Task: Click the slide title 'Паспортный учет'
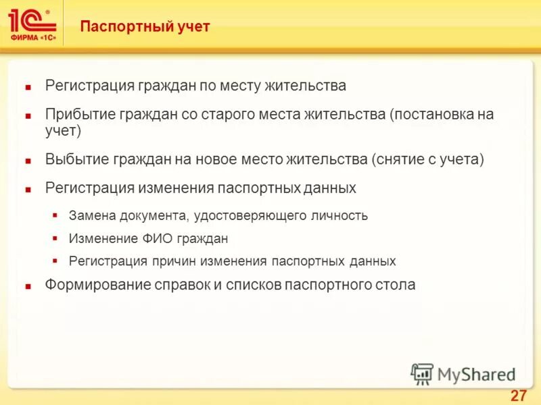coord(145,27)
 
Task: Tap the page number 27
coord(518,396)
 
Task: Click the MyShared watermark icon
coord(422,374)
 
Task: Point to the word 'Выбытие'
coord(72,160)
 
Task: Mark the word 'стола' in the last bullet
coord(395,285)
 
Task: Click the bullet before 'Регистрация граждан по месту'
coord(28,87)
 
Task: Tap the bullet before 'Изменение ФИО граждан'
coord(55,239)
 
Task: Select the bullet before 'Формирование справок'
coord(28,286)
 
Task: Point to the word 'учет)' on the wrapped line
coord(63,130)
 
